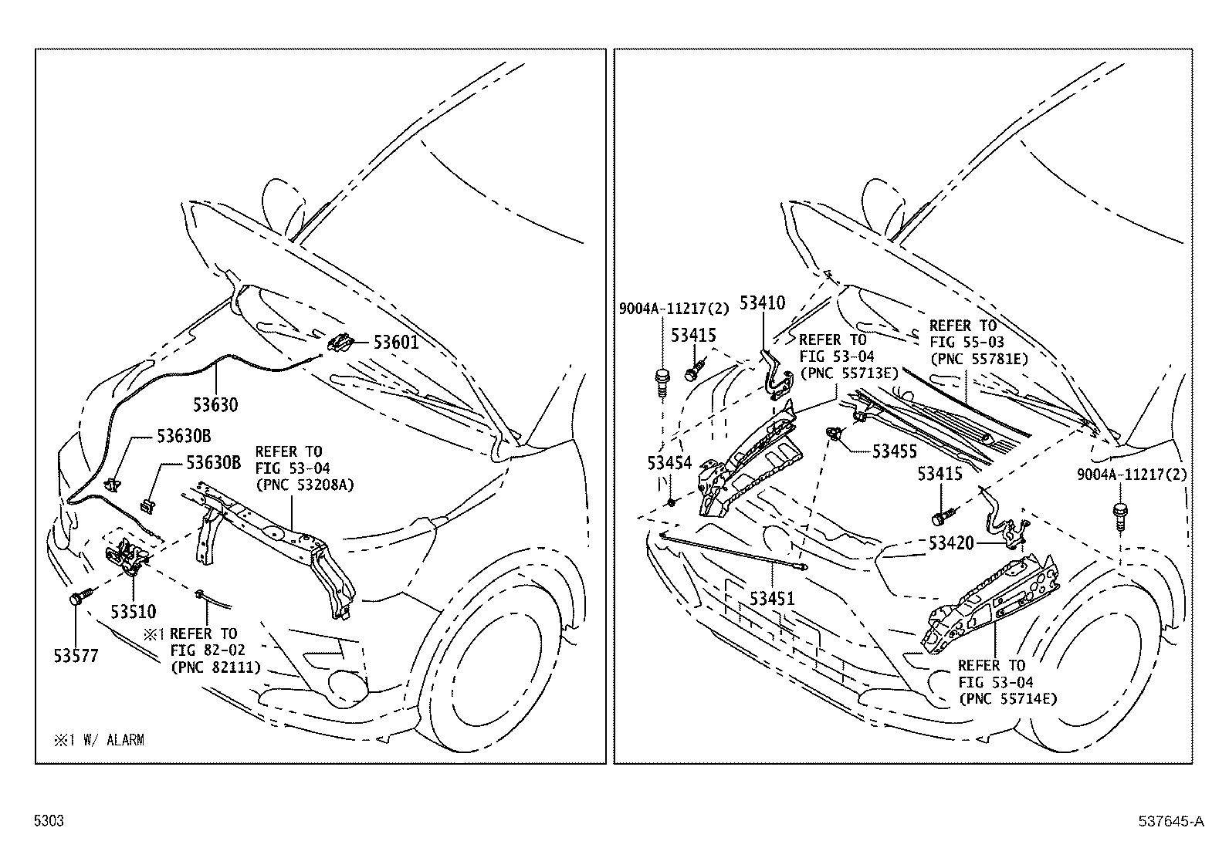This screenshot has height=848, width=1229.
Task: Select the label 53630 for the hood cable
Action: coord(215,404)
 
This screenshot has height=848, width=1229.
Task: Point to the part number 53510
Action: coord(133,612)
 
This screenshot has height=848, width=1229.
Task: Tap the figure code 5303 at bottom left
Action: coord(48,821)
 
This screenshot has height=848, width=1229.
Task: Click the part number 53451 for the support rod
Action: coord(772,599)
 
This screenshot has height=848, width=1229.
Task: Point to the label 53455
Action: coord(894,452)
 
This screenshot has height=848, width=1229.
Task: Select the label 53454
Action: coord(669,463)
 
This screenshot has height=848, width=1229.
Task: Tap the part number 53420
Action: coord(951,544)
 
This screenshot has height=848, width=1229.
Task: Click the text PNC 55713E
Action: coord(848,373)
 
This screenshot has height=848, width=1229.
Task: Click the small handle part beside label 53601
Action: coord(340,343)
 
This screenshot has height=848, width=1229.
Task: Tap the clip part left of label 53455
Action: coord(834,434)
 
